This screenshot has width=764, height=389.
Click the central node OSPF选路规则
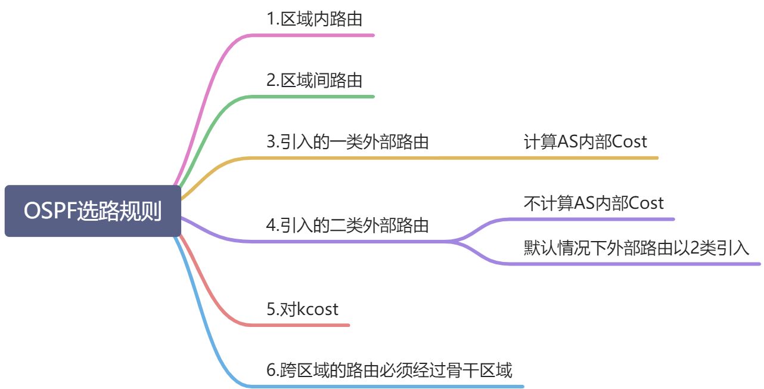click(92, 211)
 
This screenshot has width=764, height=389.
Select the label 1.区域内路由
click(314, 19)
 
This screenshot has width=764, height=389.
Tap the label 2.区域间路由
click(314, 80)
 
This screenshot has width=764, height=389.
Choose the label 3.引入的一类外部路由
click(347, 142)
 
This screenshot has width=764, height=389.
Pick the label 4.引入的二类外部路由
click(347, 226)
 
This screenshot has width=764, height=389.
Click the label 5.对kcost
click(302, 309)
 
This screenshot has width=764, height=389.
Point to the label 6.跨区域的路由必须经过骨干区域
click(389, 371)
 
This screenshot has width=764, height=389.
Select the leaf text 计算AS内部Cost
click(585, 142)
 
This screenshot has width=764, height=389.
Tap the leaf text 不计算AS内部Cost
click(594, 203)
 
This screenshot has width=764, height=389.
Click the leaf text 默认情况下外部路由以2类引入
click(636, 248)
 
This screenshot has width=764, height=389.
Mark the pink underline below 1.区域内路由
click(322, 35)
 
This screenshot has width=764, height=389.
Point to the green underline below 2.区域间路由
click(322, 96)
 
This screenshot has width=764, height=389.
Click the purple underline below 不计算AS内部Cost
click(596, 219)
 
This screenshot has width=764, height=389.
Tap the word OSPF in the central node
click(50, 211)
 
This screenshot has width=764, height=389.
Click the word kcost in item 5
click(318, 309)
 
